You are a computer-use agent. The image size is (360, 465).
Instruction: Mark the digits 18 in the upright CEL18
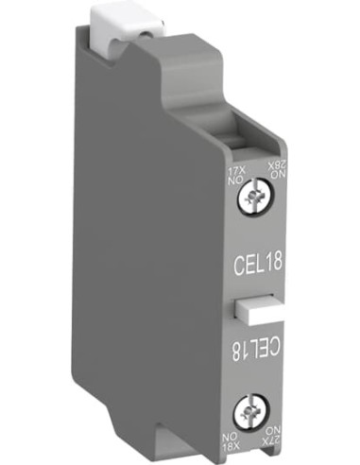tap(272, 254)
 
